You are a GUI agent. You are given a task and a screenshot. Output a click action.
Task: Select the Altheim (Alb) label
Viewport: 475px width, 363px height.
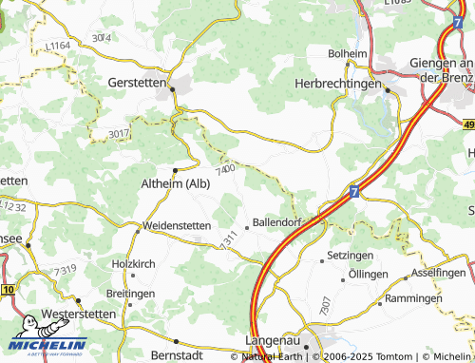coord(175,183)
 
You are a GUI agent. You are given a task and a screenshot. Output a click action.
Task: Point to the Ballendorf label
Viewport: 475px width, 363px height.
coord(277,224)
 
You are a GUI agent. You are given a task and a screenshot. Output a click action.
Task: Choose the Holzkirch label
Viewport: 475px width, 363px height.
coord(133,263)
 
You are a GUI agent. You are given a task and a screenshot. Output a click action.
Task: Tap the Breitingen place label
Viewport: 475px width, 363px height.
coord(130,294)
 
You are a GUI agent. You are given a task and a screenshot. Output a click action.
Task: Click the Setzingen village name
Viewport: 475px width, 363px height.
coord(350,257)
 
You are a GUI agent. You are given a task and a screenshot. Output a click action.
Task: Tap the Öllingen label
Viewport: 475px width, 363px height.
coord(368,274)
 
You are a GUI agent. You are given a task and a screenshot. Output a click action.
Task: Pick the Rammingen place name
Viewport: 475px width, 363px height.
coord(412,297)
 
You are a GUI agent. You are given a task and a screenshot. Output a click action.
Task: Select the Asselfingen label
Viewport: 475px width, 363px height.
coord(440,272)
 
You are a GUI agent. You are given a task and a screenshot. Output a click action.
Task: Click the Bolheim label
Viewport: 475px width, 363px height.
coord(346,53)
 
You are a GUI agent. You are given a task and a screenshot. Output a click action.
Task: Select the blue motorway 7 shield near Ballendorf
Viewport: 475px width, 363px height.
coord(353,192)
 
